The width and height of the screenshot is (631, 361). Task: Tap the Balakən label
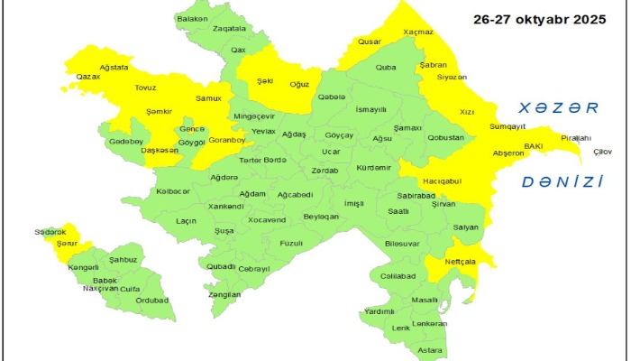click(192, 18)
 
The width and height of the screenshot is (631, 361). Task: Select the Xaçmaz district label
click(418, 32)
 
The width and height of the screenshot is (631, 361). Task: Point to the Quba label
click(386, 67)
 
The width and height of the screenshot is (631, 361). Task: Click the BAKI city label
click(534, 145)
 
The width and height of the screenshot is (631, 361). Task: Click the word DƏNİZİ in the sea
click(562, 181)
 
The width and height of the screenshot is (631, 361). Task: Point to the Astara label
click(430, 349)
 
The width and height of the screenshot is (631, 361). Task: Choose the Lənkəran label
click(429, 323)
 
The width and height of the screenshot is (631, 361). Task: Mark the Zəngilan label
click(224, 294)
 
